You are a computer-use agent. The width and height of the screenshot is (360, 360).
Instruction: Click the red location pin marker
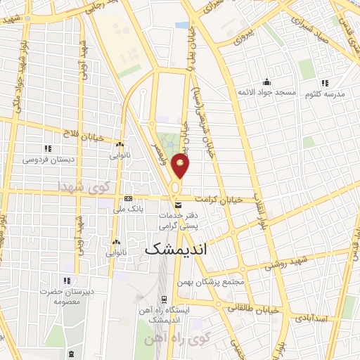181,165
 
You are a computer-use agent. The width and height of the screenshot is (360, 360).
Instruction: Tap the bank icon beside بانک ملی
128,198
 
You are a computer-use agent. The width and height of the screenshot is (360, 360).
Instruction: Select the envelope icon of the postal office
177,205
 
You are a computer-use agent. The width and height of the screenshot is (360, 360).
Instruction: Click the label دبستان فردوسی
47,160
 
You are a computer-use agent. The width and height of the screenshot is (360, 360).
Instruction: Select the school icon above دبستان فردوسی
47,148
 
